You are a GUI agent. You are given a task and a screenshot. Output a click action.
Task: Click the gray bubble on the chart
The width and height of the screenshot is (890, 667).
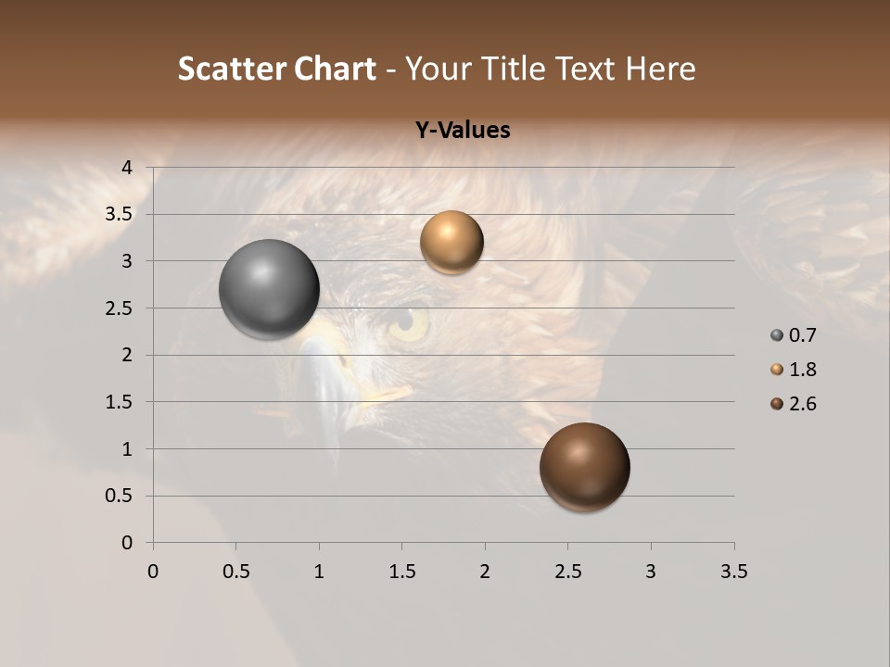tap(269, 290)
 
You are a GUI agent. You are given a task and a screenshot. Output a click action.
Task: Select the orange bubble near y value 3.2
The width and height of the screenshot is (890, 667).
tap(451, 243)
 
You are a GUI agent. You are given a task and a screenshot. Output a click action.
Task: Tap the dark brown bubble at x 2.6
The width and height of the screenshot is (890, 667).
tap(584, 467)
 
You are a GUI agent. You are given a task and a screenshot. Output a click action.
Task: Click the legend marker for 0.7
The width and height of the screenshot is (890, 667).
tap(777, 335)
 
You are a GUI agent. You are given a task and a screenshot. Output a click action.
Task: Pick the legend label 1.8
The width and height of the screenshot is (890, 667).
tap(802, 370)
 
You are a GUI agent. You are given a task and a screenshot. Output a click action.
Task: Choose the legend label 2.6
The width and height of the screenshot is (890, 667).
tap(802, 404)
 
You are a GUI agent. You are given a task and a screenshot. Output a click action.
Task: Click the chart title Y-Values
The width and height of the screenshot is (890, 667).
tap(462, 130)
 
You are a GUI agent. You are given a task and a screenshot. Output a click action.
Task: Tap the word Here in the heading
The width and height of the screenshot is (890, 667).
tap(660, 69)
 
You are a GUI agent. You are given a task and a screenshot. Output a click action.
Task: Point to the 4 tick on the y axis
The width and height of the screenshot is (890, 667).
tap(128, 168)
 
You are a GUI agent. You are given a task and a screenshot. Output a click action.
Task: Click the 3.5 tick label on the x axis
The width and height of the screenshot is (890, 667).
tap(733, 572)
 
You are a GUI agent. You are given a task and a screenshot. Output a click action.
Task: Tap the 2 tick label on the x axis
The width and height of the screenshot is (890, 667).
tap(485, 572)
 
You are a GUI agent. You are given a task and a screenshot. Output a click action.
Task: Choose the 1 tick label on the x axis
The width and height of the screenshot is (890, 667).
tap(319, 572)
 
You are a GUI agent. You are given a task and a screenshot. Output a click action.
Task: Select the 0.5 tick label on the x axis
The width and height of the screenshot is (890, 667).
tap(235, 572)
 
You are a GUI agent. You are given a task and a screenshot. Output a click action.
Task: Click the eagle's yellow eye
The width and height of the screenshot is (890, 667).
tap(408, 323)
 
